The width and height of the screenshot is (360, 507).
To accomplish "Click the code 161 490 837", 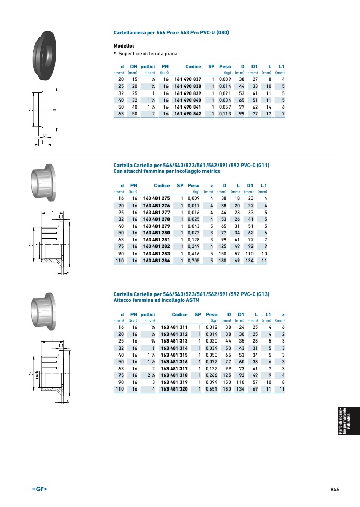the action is coord(188,79).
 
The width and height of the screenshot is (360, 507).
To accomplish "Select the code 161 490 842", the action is coord(188,114).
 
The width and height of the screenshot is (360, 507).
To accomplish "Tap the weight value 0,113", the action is coord(225,114).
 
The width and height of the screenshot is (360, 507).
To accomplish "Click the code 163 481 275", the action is coord(157,198).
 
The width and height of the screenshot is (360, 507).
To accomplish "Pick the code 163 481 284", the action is coord(157,261).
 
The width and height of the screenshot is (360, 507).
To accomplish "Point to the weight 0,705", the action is coord(194,261).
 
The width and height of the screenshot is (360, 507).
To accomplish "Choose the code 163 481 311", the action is coord(174,327).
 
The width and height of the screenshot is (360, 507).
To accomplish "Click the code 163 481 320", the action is coord(174,389).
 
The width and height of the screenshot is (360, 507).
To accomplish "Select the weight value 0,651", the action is coord(211,389).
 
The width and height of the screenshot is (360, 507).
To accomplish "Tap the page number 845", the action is coord(335,490).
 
